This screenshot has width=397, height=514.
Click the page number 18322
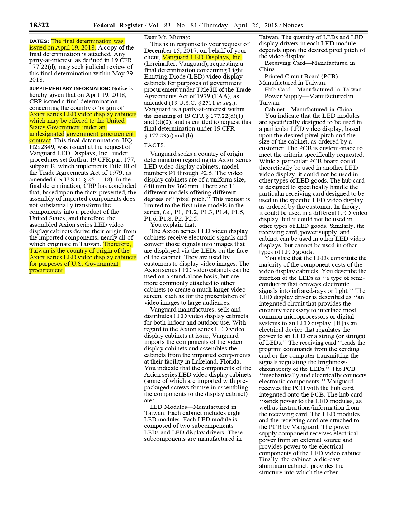pyautogui.click(x=39, y=25)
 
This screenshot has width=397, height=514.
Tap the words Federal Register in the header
pyautogui.click(x=118, y=26)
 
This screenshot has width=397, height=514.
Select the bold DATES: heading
pyautogui.click(x=39, y=41)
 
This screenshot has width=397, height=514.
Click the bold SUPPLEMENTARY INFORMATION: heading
pyautogui.click(x=69, y=89)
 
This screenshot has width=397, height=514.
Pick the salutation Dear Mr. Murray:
pyautogui.click(x=167, y=37)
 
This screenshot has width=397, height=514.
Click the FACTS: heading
pyautogui.click(x=155, y=145)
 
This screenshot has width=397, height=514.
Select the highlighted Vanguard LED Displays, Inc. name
pyautogui.click(x=202, y=57)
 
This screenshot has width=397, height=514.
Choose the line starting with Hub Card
pyautogui.click(x=314, y=90)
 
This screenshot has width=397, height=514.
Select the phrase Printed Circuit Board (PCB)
pyautogui.click(x=301, y=76)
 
